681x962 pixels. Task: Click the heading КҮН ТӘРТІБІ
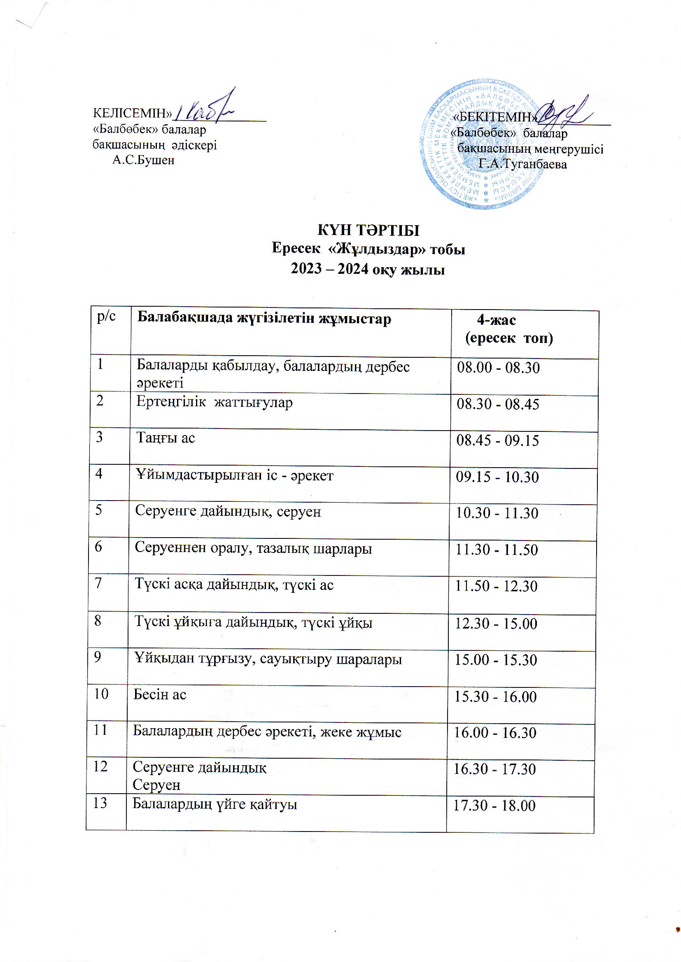coord(368,231)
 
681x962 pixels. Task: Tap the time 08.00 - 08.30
coord(498,368)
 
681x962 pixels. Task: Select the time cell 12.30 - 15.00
coord(496,624)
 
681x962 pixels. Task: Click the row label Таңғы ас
coord(166,438)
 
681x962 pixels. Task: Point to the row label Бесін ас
coord(160,694)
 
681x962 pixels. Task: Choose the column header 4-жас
coord(497,320)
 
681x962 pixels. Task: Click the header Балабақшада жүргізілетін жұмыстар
coord(264,319)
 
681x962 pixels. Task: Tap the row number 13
coord(101,803)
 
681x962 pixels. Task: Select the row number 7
coord(98,584)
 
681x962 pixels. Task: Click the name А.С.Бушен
coord(143,160)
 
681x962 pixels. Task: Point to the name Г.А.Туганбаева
coord(522,164)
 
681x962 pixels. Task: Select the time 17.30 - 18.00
coord(494,806)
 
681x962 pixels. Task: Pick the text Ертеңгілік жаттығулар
coord(214,403)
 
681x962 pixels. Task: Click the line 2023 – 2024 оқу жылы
coord(368,269)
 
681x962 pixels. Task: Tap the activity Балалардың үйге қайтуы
coord(215,804)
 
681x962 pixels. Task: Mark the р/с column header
coord(106,318)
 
